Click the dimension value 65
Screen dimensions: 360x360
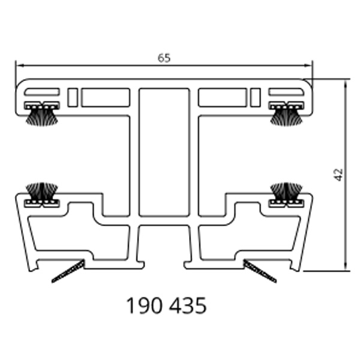click(x=164, y=58)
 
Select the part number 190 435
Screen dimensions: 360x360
click(x=167, y=306)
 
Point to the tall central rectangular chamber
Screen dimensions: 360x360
click(x=164, y=152)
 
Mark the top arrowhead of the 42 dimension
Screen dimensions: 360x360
click(x=346, y=83)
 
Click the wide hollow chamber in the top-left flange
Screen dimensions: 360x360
click(x=106, y=97)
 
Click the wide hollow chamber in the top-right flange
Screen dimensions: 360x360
click(x=223, y=97)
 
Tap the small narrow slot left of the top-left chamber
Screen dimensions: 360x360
click(x=73, y=97)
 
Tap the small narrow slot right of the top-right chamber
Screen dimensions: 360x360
click(x=256, y=97)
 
